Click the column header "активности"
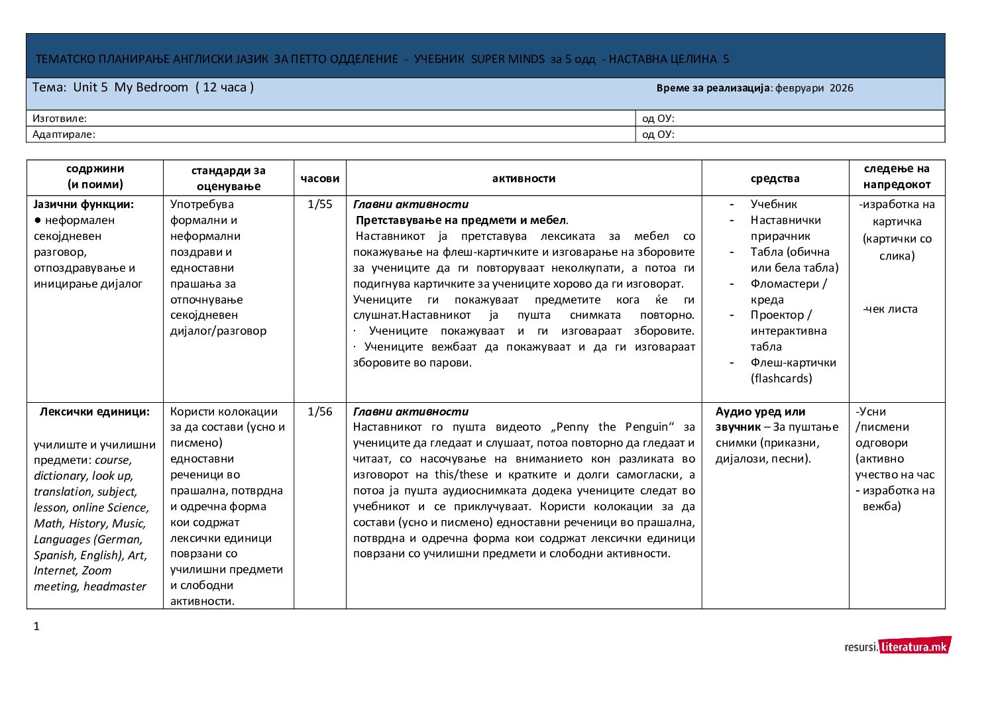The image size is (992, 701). pos(524,178)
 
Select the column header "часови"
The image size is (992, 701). pos(320,178)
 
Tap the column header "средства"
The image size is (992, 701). pos(775,178)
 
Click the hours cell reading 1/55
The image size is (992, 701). pos(320,204)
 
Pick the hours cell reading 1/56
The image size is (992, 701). pos(320,411)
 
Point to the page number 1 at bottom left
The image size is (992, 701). pos(36,626)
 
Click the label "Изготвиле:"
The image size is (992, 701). pos(60,119)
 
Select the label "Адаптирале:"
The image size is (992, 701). pos(64,135)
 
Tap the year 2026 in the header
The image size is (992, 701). pos(842,88)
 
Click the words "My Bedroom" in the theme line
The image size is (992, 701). pos(151,87)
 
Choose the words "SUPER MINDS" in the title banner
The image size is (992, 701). pos(508,59)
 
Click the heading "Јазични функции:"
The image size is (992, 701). pos(83,204)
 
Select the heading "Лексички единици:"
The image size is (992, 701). pos(95,411)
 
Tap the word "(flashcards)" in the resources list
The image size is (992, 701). pos(781,378)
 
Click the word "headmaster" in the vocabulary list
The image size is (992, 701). pos(115,586)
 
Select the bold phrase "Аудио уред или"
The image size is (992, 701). pos(761,411)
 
